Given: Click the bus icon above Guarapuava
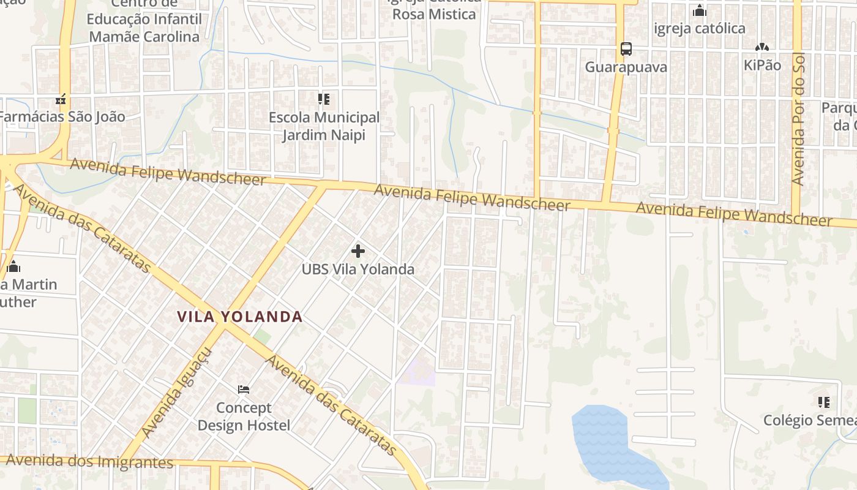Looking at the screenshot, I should pyautogui.click(x=626, y=48).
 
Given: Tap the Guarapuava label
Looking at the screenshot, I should pyautogui.click(x=626, y=67).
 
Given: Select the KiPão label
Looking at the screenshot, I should pyautogui.click(x=762, y=65).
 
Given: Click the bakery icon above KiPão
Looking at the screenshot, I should pyautogui.click(x=762, y=47).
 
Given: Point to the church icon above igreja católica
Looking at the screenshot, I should pyautogui.click(x=699, y=11).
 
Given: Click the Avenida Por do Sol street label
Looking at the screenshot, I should pyautogui.click(x=797, y=119).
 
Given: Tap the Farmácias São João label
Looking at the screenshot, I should pyautogui.click(x=62, y=116).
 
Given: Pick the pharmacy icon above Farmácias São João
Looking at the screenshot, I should pyautogui.click(x=60, y=99).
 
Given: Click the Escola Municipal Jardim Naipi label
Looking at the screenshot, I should pyautogui.click(x=324, y=126).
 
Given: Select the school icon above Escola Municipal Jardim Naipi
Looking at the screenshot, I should pyautogui.click(x=324, y=99).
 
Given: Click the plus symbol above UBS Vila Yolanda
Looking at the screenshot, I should pyautogui.click(x=358, y=251).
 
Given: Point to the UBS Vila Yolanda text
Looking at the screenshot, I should pyautogui.click(x=358, y=269).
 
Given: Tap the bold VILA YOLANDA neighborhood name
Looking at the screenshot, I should pyautogui.click(x=240, y=317).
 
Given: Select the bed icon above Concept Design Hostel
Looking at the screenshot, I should pyautogui.click(x=244, y=390).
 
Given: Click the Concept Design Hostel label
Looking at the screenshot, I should pyautogui.click(x=244, y=417).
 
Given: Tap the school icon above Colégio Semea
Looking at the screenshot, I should pyautogui.click(x=823, y=402).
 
